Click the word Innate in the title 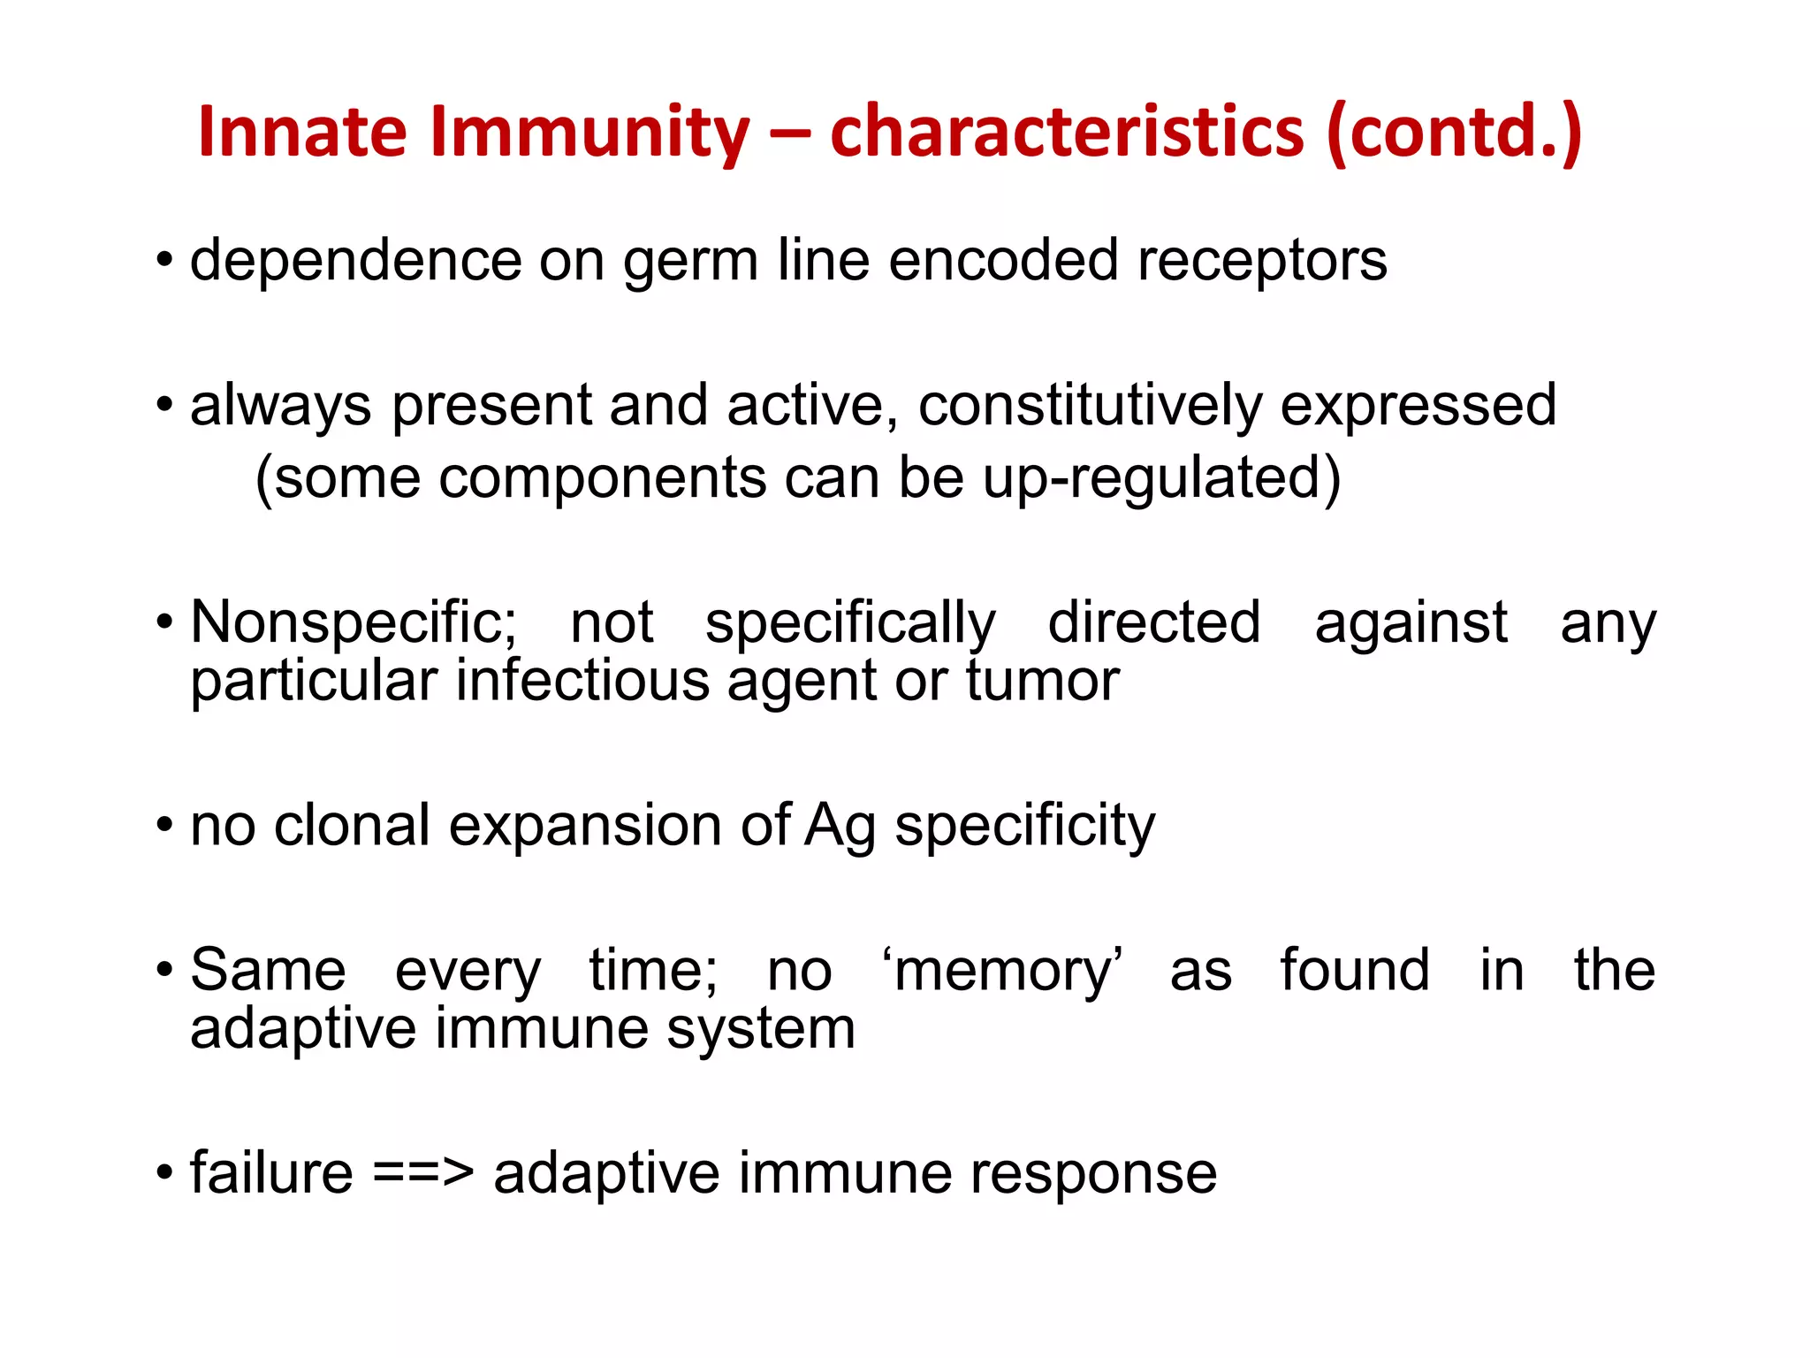(302, 133)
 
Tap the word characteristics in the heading (1067, 133)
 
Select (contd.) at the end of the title (1454, 133)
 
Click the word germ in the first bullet (690, 262)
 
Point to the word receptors (1262, 262)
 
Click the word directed (1154, 623)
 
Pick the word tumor (1042, 682)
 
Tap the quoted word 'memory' (1002, 972)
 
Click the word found (1355, 970)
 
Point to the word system (761, 1030)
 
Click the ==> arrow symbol (423, 1174)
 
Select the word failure (271, 1174)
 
